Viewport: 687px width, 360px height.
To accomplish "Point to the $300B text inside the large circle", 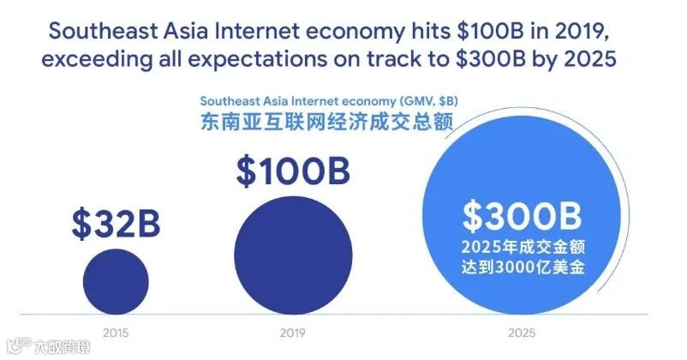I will [522, 217].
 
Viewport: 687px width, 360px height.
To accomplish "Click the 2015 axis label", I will [115, 331].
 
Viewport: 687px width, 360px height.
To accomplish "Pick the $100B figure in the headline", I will [477, 32].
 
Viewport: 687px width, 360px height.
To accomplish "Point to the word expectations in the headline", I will [258, 62].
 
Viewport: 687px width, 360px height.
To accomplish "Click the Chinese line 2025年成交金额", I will [522, 249].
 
